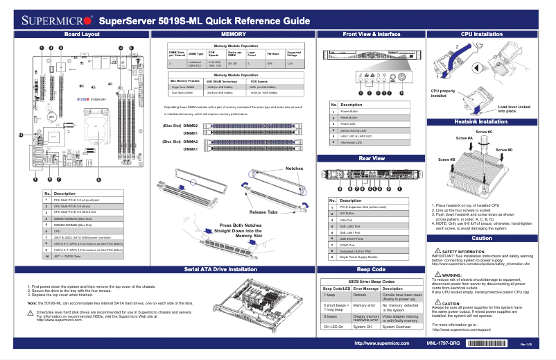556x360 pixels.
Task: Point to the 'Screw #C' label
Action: (484, 132)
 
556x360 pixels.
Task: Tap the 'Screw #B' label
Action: (448, 160)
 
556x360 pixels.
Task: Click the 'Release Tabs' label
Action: (263, 212)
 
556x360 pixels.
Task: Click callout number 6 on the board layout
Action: (98, 180)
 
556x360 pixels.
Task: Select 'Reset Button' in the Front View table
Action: (350, 118)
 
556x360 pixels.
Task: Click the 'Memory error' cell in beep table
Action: (364, 305)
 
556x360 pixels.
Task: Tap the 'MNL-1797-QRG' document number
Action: (442, 343)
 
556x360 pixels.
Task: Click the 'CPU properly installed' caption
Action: (444, 94)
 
